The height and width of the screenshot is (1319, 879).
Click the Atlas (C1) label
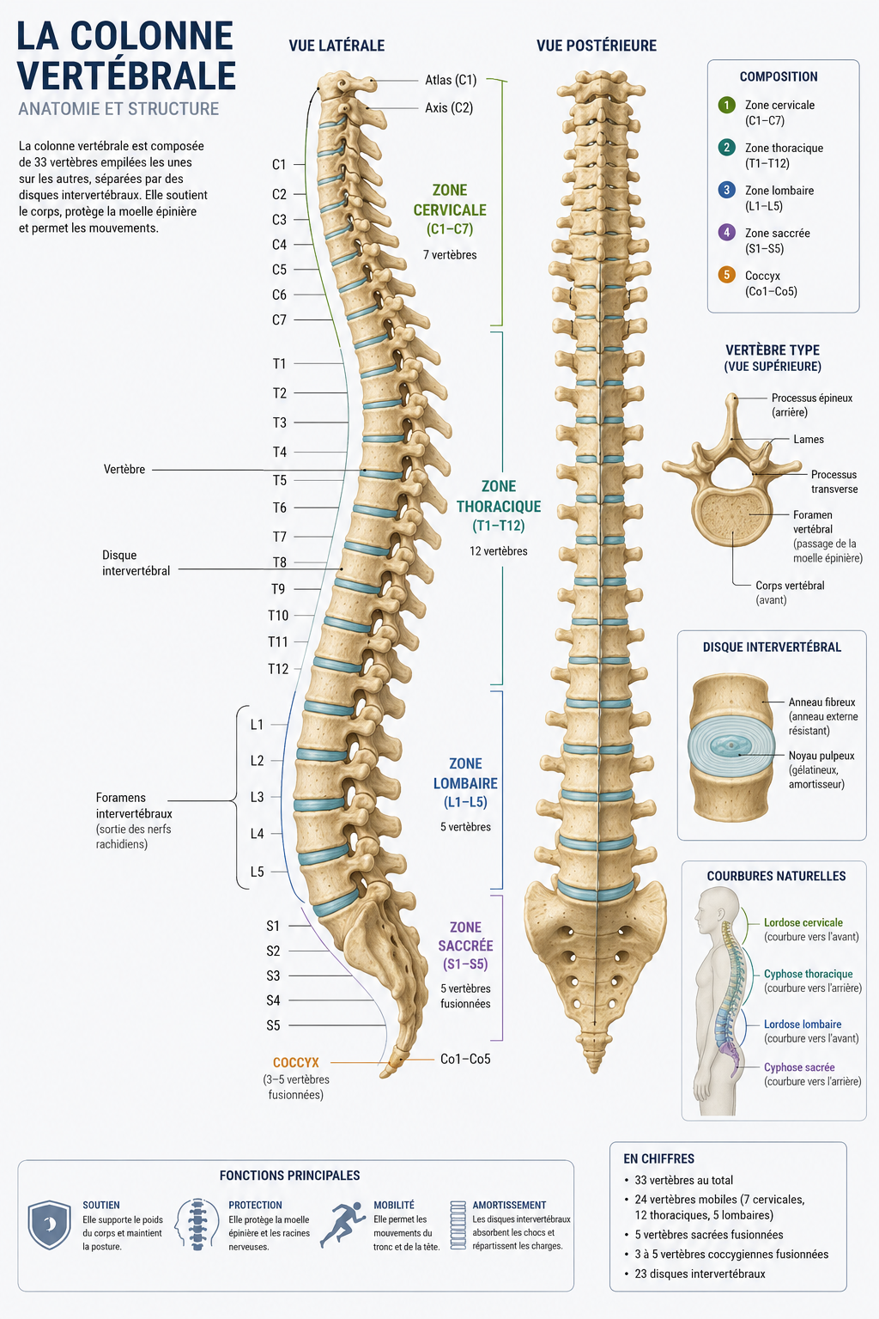451,80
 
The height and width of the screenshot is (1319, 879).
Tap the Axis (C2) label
449,107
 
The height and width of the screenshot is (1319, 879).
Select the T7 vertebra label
280,537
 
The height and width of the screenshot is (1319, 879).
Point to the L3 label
258,797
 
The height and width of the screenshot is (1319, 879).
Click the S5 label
273,1026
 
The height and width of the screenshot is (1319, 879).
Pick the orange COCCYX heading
295,1063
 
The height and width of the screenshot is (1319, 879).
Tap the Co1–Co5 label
465,1060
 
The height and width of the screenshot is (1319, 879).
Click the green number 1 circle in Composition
726,106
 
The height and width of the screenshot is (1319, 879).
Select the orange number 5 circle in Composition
726,275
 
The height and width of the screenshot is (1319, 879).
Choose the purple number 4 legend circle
726,233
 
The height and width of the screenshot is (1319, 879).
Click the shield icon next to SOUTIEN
50,1225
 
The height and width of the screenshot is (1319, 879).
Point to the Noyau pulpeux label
821,756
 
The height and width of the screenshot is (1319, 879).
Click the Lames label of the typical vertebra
809,440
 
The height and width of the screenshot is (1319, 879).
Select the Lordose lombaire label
803,1024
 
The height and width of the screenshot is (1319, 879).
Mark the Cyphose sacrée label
799,1067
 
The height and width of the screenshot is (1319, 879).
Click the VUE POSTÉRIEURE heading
597,46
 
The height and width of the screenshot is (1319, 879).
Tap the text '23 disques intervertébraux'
700,1274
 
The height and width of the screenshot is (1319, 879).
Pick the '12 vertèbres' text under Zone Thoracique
498,552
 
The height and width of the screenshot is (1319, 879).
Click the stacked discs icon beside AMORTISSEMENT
458,1225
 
